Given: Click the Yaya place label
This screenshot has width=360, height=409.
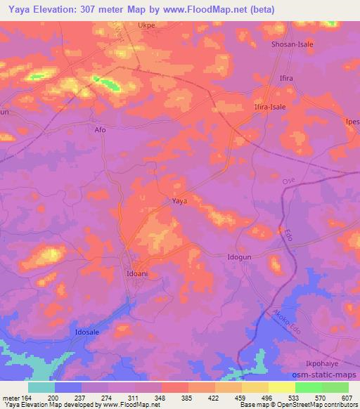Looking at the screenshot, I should (179, 201).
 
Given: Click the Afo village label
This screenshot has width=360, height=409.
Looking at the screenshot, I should (99, 130).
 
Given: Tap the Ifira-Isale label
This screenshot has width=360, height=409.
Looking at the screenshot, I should (269, 107).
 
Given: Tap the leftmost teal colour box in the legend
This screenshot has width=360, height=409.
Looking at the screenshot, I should (41, 387).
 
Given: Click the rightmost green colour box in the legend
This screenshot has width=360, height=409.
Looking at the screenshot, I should (335, 387).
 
